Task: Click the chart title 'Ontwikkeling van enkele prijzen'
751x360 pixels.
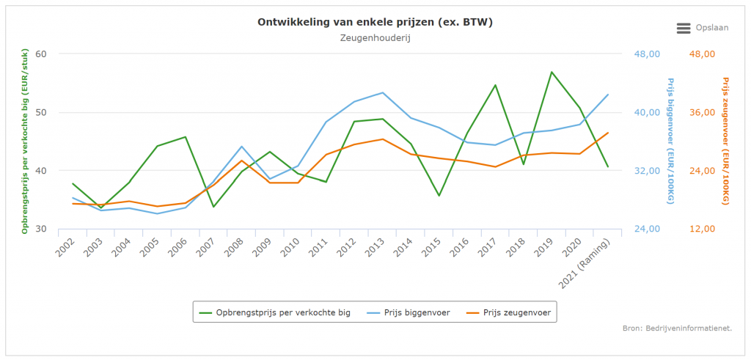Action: (x=375, y=22)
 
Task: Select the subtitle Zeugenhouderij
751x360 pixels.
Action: (x=375, y=38)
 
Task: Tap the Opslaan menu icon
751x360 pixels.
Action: (x=684, y=28)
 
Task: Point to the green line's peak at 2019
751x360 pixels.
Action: (x=552, y=72)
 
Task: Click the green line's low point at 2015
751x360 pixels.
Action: (x=439, y=196)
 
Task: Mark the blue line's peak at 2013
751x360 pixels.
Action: (x=382, y=92)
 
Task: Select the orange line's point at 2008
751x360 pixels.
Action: (x=241, y=161)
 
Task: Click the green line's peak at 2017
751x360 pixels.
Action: (x=495, y=85)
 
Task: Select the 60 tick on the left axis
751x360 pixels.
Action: (x=40, y=54)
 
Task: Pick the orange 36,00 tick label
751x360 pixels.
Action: (x=702, y=112)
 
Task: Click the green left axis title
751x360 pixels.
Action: (x=25, y=142)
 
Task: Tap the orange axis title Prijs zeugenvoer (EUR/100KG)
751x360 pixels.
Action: (x=725, y=141)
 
